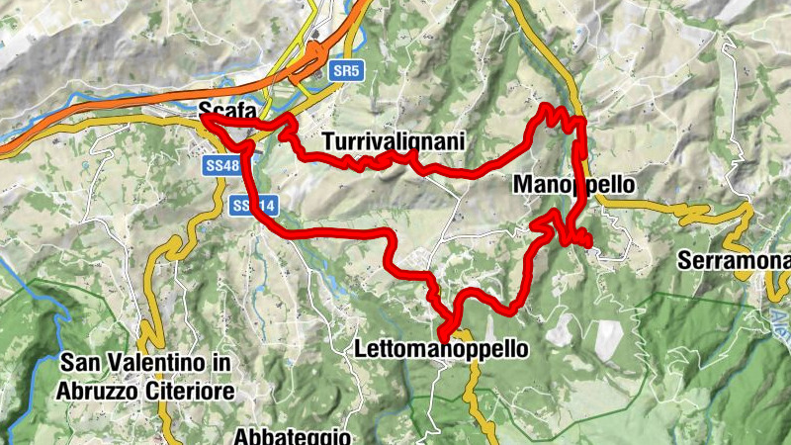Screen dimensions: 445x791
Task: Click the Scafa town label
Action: point(220,110)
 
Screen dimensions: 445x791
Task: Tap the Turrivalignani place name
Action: point(393,142)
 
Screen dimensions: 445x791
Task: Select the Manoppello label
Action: point(573,185)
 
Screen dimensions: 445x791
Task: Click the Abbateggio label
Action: point(293,435)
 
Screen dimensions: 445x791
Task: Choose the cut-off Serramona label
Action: point(735,261)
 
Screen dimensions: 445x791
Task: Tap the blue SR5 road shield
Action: point(345,71)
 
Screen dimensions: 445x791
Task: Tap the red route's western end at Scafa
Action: point(204,117)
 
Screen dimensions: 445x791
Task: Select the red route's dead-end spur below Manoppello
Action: point(586,240)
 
